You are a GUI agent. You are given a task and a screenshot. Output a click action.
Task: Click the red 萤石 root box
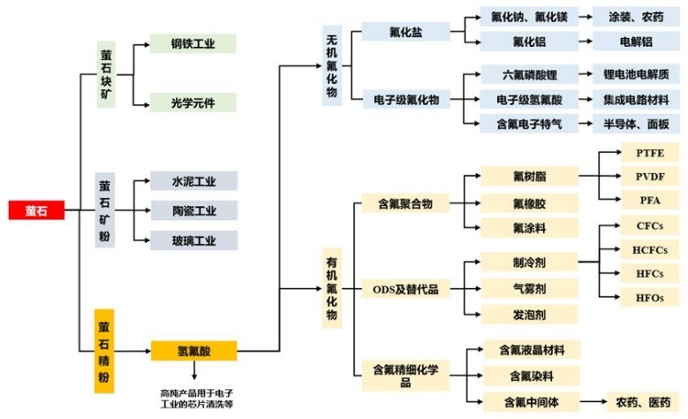[x=36, y=209]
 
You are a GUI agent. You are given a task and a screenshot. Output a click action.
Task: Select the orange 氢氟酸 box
[x=194, y=350]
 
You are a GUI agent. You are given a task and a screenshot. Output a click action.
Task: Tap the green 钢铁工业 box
[x=193, y=43]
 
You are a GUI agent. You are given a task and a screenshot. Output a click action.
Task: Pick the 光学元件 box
[x=193, y=103]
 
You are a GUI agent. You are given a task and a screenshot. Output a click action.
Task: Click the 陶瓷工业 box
[x=194, y=210]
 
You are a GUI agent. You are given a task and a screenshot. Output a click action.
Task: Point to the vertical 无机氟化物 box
[x=332, y=65]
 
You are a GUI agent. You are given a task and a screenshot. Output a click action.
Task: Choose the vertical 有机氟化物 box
[x=332, y=288]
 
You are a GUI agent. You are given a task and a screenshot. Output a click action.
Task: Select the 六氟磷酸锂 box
[x=530, y=74]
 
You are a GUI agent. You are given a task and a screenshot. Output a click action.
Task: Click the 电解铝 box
[x=636, y=42]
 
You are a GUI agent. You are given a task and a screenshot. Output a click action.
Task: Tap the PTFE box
[x=650, y=153]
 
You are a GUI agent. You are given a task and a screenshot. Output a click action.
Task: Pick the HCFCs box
[x=650, y=249]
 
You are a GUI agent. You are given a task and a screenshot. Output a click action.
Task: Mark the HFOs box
[x=650, y=297]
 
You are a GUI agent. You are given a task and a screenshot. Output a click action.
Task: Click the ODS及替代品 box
[x=405, y=289]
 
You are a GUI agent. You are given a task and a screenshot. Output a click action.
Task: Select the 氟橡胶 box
[x=530, y=203]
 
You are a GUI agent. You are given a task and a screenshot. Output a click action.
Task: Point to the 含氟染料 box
[x=532, y=376]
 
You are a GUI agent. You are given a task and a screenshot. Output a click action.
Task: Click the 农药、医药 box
[x=643, y=401]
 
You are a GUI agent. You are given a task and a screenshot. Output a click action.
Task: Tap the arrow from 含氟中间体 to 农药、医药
[x=593, y=401]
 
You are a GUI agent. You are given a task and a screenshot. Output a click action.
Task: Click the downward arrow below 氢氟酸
[x=194, y=370]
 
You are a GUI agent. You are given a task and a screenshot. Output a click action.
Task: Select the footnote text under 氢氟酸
[x=197, y=399]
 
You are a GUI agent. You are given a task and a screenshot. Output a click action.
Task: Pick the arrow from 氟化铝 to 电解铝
[x=586, y=42]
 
